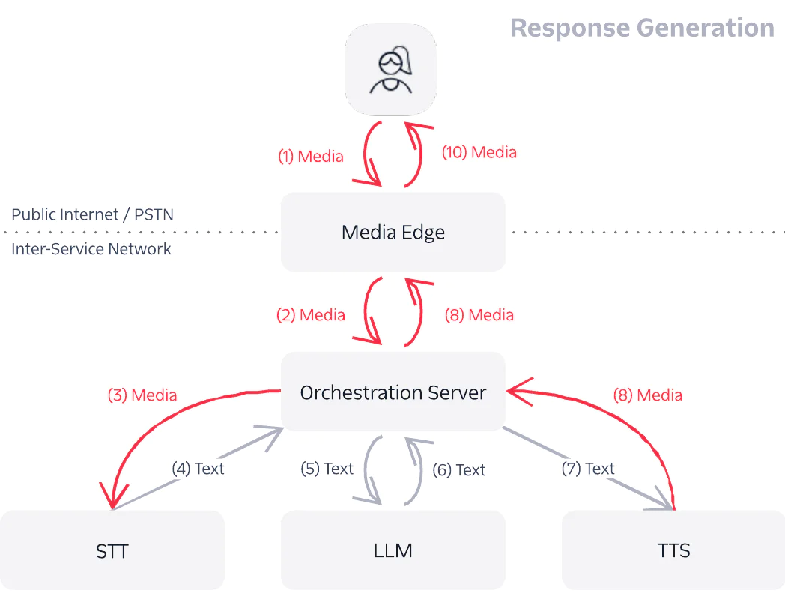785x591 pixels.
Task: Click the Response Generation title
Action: coord(642,28)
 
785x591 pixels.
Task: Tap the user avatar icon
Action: coord(391,70)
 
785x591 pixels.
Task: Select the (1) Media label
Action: coord(311,157)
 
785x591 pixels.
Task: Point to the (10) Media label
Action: coord(479,152)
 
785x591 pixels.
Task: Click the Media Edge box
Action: coord(392,232)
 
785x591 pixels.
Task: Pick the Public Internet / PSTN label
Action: coord(92,214)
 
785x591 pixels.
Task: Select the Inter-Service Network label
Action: coord(91,248)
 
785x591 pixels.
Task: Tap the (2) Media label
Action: coord(311,315)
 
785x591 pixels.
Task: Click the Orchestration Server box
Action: coord(392,391)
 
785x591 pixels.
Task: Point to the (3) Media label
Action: coord(142,394)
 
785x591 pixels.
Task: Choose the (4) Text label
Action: coord(198,469)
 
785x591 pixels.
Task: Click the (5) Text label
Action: coord(327,469)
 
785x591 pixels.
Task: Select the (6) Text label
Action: coord(459,469)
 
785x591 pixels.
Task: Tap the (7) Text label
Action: coord(588,469)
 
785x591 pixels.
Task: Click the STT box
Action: coord(112,551)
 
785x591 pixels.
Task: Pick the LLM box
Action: coord(392,550)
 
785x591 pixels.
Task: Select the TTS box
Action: coord(673,550)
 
